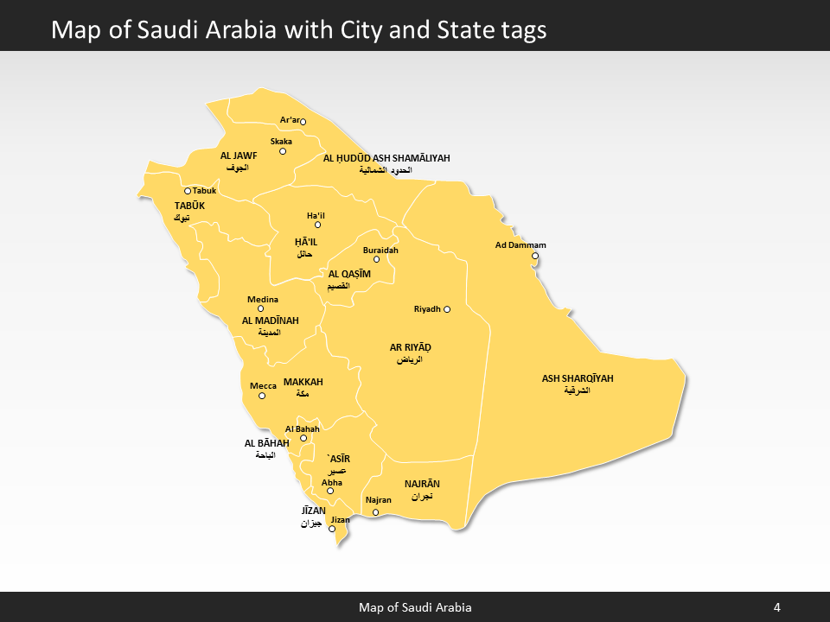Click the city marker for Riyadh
pyautogui.click(x=448, y=308)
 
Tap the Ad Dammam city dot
pyautogui.click(x=534, y=256)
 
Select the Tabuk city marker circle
pyautogui.click(x=188, y=191)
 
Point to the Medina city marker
pyautogui.click(x=260, y=308)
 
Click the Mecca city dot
pyautogui.click(x=262, y=396)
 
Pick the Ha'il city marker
pyautogui.click(x=317, y=225)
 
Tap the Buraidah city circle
pyautogui.click(x=376, y=259)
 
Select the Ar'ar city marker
pyautogui.click(x=303, y=122)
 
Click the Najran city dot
pyautogui.click(x=375, y=512)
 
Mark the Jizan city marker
pyautogui.click(x=331, y=529)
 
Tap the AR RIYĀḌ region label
pyautogui.click(x=411, y=347)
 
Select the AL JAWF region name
pyautogui.click(x=239, y=155)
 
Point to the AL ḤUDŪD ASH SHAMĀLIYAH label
pyautogui.click(x=386, y=158)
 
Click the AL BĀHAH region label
pyautogui.click(x=266, y=443)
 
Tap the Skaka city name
pyautogui.click(x=281, y=141)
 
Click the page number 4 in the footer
pyautogui.click(x=776, y=607)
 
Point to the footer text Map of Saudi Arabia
pyautogui.click(x=415, y=607)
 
